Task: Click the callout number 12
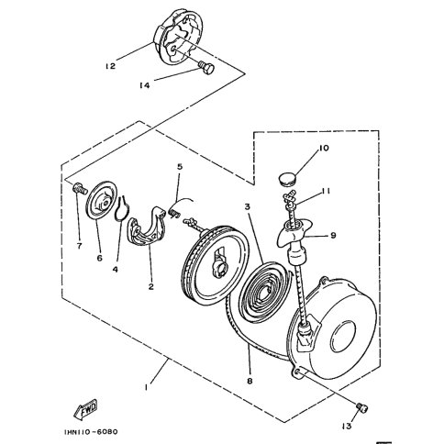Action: (x=111, y=66)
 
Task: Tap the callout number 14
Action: (x=145, y=85)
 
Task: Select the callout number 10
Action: (x=324, y=149)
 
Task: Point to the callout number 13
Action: (x=347, y=426)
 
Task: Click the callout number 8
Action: (x=250, y=382)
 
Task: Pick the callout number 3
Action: (x=247, y=207)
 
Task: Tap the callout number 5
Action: (x=180, y=167)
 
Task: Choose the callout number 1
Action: (x=146, y=387)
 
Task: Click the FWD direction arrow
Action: (x=86, y=408)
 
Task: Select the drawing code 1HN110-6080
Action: (x=91, y=432)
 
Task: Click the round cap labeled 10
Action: (x=287, y=178)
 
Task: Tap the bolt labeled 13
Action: (x=362, y=408)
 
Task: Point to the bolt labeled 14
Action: (x=206, y=67)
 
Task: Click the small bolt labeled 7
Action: (x=80, y=186)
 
